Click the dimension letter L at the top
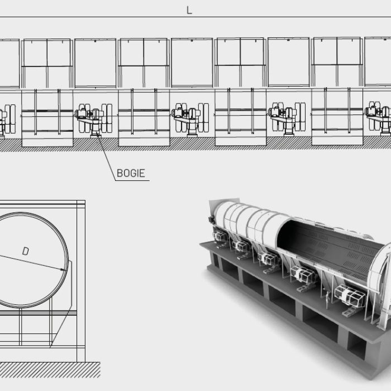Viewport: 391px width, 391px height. [x=189, y=11]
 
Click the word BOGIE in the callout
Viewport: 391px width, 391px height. [x=131, y=173]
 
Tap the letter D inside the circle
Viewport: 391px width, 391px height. [x=25, y=251]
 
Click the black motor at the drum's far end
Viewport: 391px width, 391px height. [x=211, y=220]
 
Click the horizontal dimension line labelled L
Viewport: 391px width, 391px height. [x=112, y=17]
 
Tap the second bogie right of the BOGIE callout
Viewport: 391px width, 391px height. [x=285, y=119]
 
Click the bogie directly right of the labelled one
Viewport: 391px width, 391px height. [x=189, y=119]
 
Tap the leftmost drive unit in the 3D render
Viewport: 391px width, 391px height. [x=220, y=237]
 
